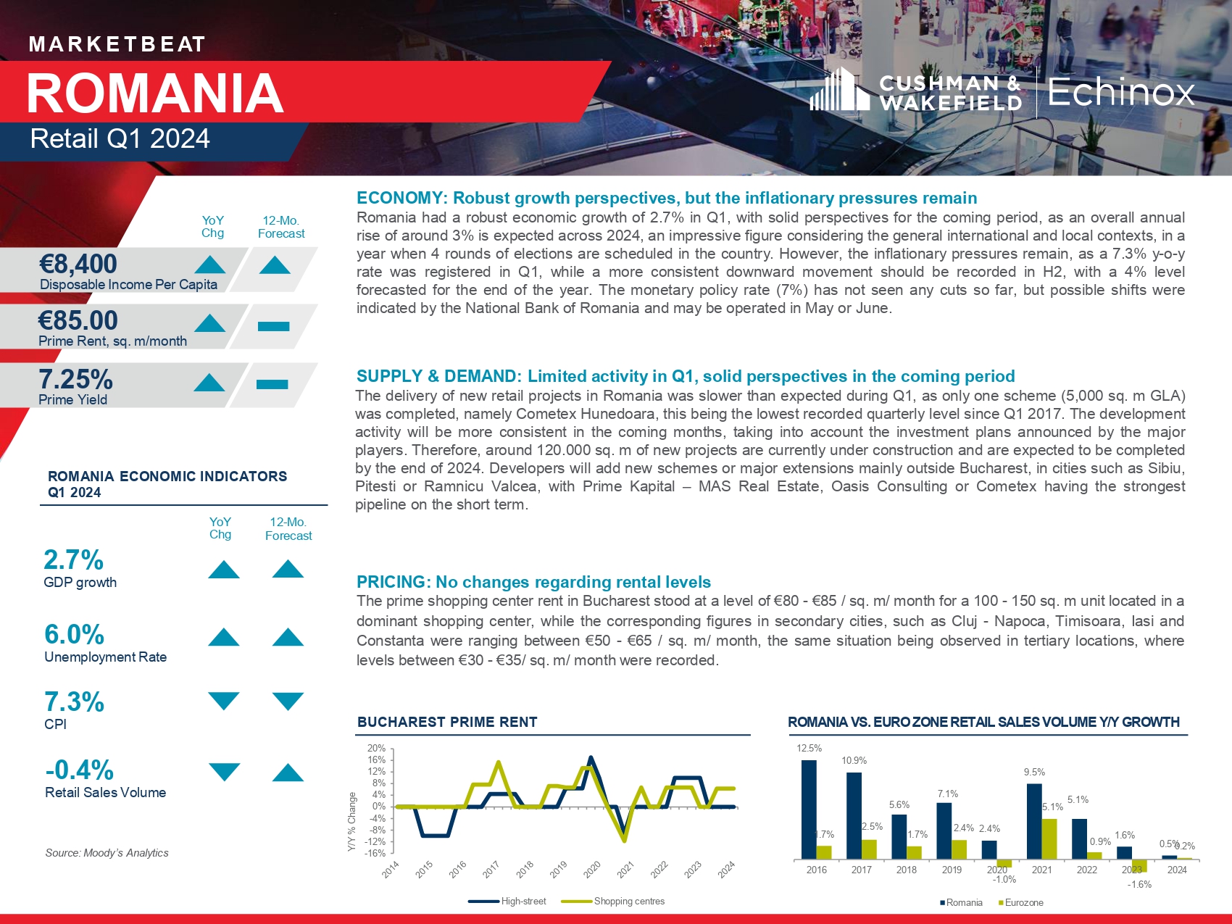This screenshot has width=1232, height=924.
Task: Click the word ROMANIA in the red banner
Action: (155, 93)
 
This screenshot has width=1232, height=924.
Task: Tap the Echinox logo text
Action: (1120, 92)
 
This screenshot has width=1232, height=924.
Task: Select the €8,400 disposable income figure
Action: (78, 265)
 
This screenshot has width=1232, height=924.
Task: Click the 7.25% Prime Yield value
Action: (75, 379)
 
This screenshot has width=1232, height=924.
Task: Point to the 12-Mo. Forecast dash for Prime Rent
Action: (273, 327)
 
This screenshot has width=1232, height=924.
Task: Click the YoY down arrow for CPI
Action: (223, 701)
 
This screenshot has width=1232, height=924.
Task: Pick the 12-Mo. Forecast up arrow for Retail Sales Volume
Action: (288, 773)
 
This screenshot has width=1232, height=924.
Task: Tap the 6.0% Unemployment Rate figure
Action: (74, 635)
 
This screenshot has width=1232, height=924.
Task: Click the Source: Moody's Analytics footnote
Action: (107, 853)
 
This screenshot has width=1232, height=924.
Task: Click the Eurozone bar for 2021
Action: (1049, 839)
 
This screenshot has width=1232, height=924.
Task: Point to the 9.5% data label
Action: (1034, 773)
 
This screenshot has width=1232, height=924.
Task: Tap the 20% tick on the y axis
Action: (376, 749)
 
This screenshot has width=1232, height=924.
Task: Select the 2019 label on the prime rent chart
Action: (558, 870)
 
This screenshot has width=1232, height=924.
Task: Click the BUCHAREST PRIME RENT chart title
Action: (447, 722)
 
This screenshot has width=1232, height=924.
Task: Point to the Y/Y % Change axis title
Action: (352, 821)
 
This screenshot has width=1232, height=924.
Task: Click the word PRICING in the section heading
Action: (391, 582)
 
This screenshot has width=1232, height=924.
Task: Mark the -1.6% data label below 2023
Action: (1139, 884)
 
